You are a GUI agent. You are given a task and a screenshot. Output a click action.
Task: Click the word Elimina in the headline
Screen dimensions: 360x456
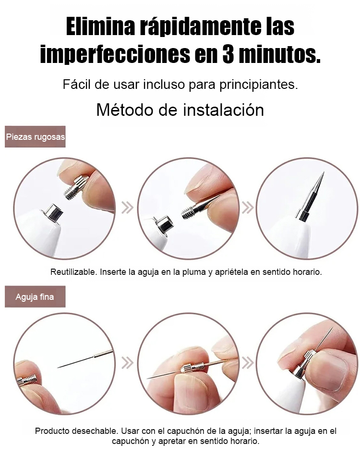pos(100,26)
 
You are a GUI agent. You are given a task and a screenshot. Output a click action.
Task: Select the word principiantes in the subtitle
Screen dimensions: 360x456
pos(259,85)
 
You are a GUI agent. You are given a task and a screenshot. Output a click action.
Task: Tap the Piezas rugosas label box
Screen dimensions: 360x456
pos(35,136)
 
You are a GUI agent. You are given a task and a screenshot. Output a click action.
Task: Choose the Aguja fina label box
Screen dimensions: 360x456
pos(35,296)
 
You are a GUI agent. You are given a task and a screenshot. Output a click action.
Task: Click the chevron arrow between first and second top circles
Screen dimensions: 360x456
pos(127,208)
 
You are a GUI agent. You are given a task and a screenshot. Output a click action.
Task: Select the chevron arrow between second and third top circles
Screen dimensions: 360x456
pos(247,208)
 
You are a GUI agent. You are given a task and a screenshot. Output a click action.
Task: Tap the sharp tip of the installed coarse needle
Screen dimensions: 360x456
pos(324,173)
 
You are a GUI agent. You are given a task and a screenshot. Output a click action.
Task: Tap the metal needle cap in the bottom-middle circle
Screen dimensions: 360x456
pos(190,368)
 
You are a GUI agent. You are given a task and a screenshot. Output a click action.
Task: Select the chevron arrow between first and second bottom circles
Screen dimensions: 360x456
pos(127,363)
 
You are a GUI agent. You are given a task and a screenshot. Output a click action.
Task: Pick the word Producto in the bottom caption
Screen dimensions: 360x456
pos(53,431)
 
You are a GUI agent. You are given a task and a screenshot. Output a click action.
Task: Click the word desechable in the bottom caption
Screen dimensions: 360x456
pos(96,431)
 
